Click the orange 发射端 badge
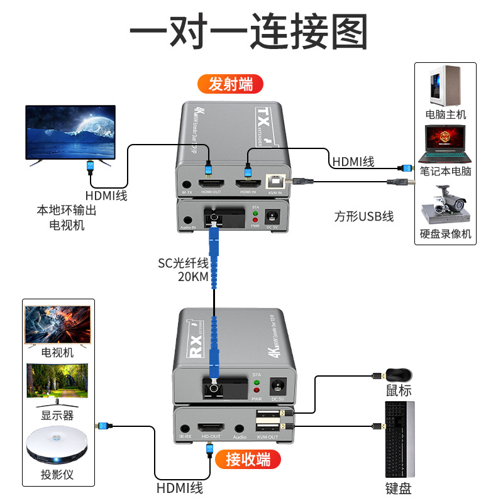230,83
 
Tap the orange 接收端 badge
248,460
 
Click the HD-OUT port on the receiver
210,427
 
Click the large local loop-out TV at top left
70,135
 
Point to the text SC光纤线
183,263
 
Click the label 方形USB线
364,217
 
